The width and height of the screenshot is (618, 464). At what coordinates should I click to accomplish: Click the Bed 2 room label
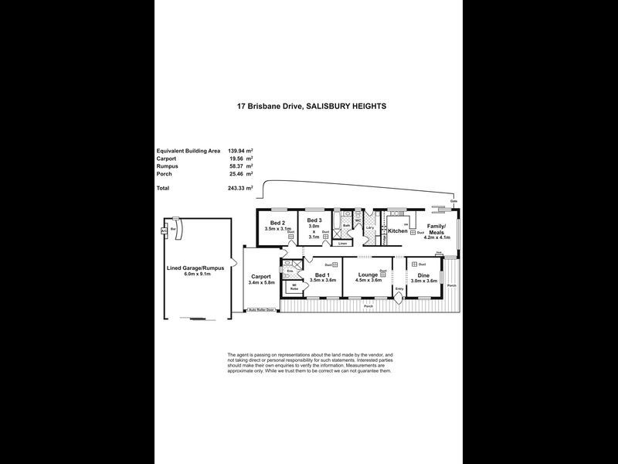coord(277,222)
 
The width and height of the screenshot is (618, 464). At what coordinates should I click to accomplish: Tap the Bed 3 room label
coord(314,220)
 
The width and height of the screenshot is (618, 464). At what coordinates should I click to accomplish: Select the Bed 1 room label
coord(324,275)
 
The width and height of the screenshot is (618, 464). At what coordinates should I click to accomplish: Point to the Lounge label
coord(367,275)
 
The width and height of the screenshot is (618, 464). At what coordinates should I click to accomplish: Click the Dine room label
coord(423,275)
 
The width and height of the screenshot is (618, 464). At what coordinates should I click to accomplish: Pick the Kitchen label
coord(398,231)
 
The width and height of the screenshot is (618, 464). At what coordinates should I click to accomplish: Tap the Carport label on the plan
coord(260,276)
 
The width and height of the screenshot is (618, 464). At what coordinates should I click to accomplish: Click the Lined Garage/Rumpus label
coord(196,268)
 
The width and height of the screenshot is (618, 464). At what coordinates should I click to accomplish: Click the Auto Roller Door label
coord(261,310)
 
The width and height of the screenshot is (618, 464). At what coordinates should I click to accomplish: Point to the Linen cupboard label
coord(342,244)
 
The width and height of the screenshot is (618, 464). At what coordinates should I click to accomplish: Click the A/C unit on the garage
coord(163,230)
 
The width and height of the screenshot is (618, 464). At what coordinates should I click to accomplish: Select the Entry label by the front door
coord(399,288)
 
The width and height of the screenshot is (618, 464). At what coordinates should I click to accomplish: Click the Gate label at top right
coord(453,201)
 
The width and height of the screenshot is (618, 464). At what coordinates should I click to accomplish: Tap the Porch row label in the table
coord(165,174)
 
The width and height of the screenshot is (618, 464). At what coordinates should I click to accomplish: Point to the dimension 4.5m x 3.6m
coord(367,281)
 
